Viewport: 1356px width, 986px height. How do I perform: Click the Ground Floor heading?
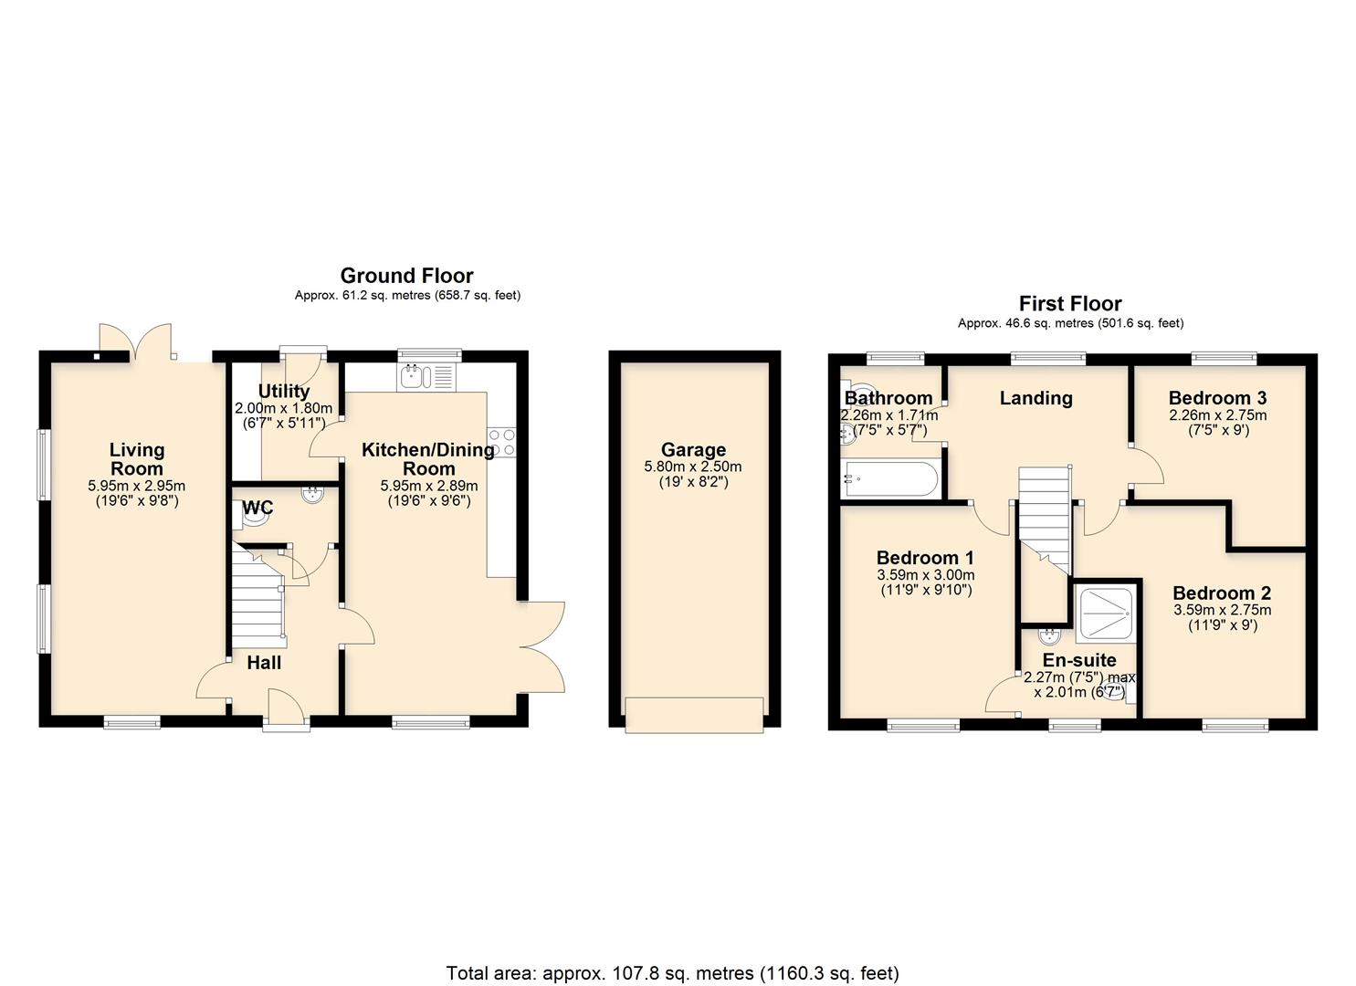click(406, 276)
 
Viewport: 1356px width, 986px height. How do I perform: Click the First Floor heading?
click(1070, 304)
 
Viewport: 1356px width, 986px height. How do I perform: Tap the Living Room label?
click(137, 458)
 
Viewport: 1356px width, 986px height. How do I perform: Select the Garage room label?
click(694, 449)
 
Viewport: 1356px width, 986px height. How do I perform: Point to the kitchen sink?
click(413, 374)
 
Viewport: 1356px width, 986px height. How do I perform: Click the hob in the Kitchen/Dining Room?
click(501, 442)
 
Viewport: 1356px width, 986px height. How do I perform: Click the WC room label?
click(258, 508)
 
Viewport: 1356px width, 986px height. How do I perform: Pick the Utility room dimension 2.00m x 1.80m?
click(283, 408)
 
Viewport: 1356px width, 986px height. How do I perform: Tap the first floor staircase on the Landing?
click(1043, 516)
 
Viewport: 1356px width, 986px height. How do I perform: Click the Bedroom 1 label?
click(925, 558)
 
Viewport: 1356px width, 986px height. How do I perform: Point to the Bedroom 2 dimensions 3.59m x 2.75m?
click(1222, 610)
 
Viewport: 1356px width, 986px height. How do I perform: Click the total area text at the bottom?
click(672, 972)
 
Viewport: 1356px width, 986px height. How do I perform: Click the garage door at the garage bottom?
click(694, 714)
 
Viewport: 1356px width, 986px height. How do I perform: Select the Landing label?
click(1035, 398)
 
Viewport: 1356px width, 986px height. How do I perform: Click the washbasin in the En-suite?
click(1049, 635)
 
